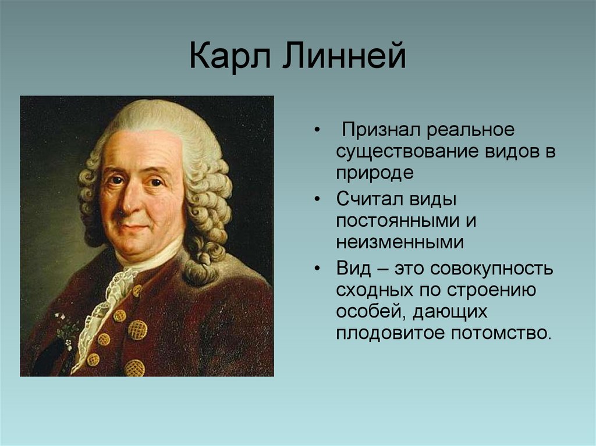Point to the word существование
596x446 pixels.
pos(407,152)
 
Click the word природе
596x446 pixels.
pos(374,173)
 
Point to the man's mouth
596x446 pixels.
pos(136,227)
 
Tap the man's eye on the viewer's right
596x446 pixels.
pos(155,182)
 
